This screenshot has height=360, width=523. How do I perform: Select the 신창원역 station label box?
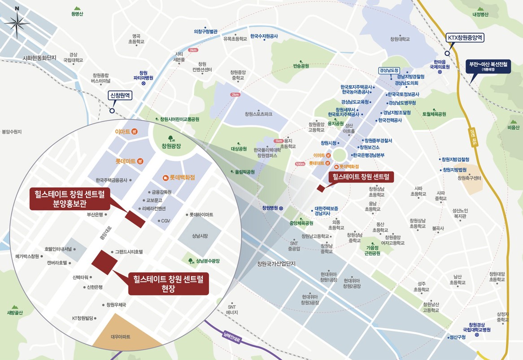(120, 95)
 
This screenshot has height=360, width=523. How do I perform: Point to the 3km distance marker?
(193, 50)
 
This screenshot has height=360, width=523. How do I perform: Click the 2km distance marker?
(235, 95)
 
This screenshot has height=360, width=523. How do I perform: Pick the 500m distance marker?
(300, 164)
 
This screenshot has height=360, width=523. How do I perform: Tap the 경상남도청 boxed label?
(389, 70)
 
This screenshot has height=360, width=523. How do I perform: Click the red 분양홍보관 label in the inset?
(70, 199)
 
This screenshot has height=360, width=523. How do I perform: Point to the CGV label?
(166, 221)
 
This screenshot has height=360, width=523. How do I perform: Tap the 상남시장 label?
(200, 236)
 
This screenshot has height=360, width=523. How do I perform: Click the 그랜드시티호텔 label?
(129, 252)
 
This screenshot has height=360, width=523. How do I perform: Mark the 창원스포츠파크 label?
(258, 114)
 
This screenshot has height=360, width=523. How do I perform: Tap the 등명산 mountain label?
(77, 14)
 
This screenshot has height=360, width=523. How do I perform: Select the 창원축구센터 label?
(469, 178)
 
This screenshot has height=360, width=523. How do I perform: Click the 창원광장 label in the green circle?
(171, 146)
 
